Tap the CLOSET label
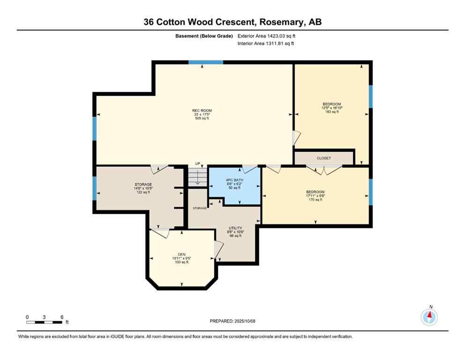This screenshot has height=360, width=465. point(324,158)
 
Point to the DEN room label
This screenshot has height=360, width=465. point(182,255)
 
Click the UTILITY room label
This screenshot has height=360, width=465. point(235,228)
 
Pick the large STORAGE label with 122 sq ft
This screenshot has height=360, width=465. point(143,184)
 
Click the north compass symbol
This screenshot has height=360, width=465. point(429,317)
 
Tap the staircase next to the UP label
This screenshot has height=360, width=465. point(197,177)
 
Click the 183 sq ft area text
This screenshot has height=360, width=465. point(332,112)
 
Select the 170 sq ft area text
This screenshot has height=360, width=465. point(315,200)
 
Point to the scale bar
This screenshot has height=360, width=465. point(44,322)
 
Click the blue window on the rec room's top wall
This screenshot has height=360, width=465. point(206,62)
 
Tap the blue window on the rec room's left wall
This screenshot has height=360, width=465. point(94,129)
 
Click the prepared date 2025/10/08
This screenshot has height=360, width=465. point(232,321)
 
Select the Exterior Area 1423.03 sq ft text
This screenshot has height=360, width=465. point(266,36)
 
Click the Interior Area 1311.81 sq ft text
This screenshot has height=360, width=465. point(266,44)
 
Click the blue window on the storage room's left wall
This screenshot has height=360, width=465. point(94,188)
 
